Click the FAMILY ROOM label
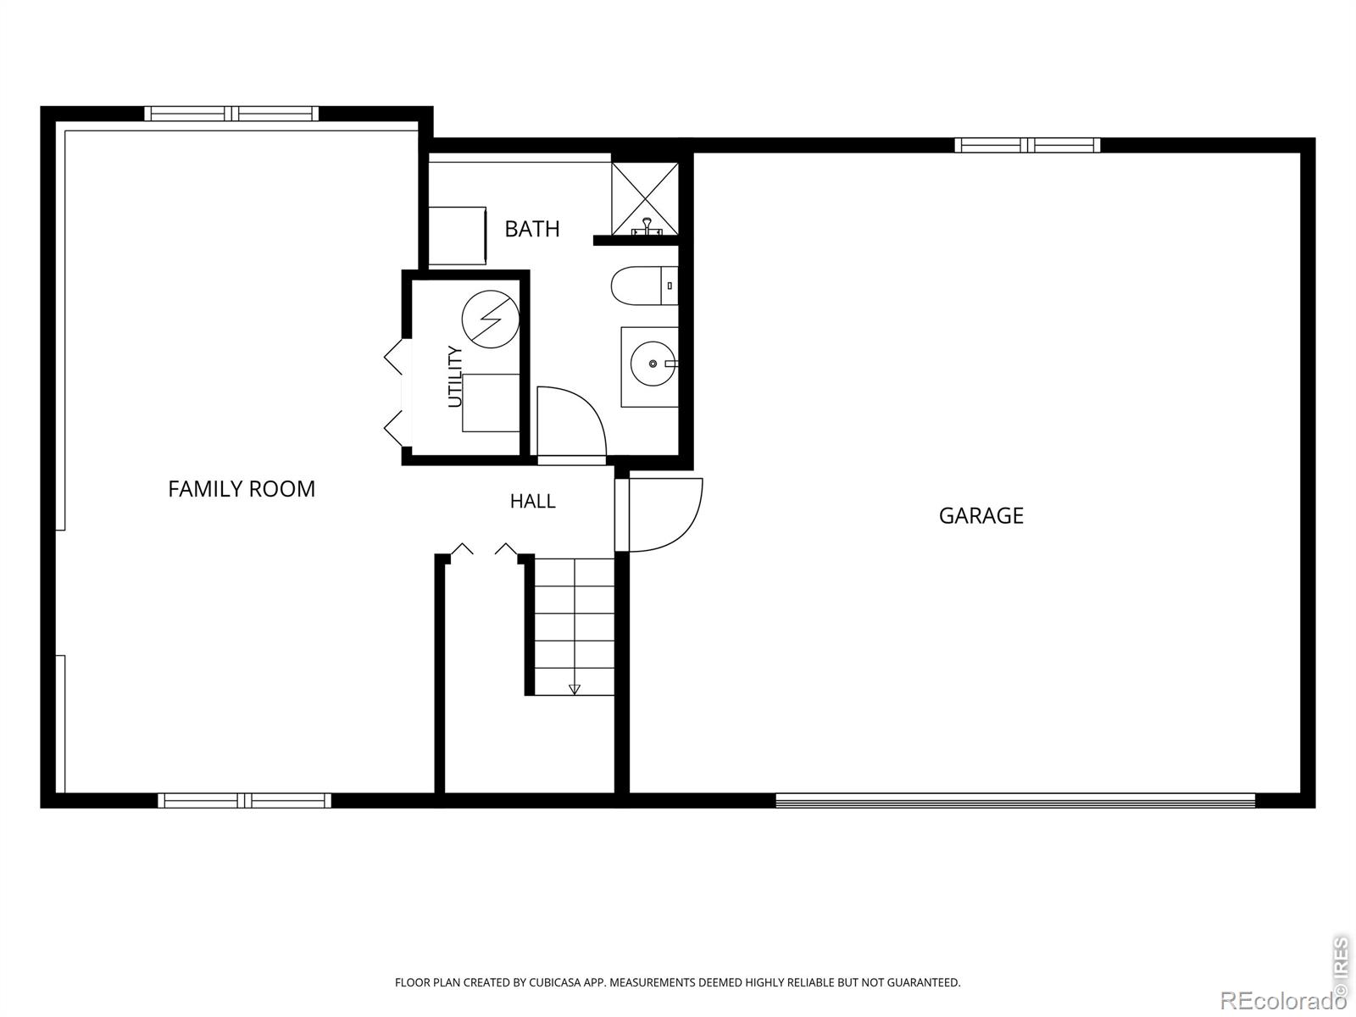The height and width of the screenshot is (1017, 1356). point(242,489)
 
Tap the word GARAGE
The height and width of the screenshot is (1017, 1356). point(981,515)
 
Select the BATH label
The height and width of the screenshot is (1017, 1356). point(532,229)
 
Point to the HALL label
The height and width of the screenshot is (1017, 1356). point(532,501)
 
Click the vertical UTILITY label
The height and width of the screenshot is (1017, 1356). point(454,376)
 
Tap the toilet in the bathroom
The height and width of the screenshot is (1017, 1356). point(644,286)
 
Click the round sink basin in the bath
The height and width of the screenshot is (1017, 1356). point(653,364)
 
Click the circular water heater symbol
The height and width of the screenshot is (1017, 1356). point(491,320)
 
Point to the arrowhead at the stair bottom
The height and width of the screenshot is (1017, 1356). point(575,690)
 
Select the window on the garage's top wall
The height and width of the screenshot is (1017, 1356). point(1027,145)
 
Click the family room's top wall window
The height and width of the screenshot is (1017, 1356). point(231,114)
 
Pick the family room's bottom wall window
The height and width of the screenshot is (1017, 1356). point(245,801)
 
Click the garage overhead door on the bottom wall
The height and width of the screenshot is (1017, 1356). point(1015,801)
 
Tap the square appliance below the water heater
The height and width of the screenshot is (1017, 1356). point(491,403)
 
